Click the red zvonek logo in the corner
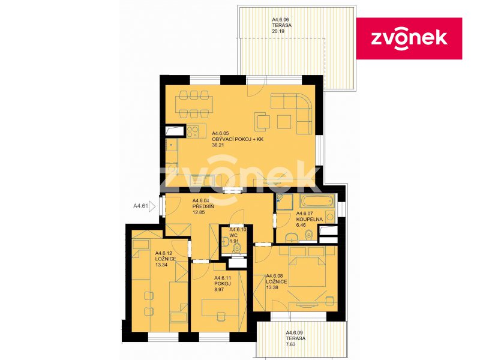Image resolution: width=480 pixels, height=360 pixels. point(409,38)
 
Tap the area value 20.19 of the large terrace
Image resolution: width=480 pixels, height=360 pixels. point(278,31)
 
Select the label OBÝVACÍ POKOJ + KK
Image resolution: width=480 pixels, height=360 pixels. point(238,139)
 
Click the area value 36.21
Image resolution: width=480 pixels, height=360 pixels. point(218,145)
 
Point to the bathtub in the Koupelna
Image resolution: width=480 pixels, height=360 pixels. point(317,201)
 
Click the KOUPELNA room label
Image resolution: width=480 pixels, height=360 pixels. point(310,219)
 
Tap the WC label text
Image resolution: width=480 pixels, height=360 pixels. point(233,235)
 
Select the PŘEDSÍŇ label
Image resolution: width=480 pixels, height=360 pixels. point(203,206)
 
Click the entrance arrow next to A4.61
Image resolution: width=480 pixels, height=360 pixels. point(152,206)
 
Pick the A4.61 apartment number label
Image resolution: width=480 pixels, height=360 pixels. point(140,206)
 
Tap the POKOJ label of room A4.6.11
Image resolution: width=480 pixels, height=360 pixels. point(223,283)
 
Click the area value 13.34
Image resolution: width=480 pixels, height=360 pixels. point(161,265)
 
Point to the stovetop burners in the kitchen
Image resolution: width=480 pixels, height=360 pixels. point(192,131)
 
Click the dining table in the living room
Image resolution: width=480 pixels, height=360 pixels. point(194,104)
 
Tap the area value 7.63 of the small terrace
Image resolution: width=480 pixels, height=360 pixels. point(291,344)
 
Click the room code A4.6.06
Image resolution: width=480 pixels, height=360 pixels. point(280,19)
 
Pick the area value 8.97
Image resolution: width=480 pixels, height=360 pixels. point(220,289)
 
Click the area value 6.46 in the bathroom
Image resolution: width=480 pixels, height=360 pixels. point(301,225)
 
